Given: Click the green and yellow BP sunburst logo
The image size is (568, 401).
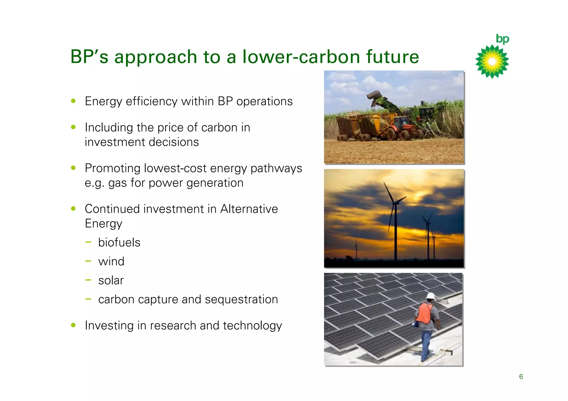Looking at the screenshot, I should pyautogui.click(x=492, y=61).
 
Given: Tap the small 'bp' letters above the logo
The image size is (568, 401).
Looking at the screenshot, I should pyautogui.click(x=503, y=39).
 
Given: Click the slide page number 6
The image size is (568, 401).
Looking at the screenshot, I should pyautogui.click(x=521, y=377).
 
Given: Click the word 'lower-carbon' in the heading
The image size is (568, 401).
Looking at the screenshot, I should pyautogui.click(x=301, y=56).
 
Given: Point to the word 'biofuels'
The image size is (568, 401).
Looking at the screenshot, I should pyautogui.click(x=119, y=243).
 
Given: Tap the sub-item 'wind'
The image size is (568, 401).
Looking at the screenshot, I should pyautogui.click(x=111, y=261).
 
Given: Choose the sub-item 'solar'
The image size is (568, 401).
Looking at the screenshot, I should pyautogui.click(x=111, y=281).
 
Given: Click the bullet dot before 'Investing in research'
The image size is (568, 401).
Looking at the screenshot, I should pyautogui.click(x=73, y=325).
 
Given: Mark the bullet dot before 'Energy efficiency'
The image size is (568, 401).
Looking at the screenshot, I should pyautogui.click(x=73, y=101).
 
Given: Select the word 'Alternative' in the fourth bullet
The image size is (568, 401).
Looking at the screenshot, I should pyautogui.click(x=249, y=209).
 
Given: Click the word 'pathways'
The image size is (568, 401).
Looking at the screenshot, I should pyautogui.click(x=276, y=168).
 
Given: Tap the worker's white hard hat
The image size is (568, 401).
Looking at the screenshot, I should pyautogui.click(x=430, y=296).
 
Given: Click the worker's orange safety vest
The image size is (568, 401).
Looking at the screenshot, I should pyautogui.click(x=424, y=313).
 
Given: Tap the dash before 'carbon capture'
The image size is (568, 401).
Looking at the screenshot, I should pyautogui.click(x=88, y=299).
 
